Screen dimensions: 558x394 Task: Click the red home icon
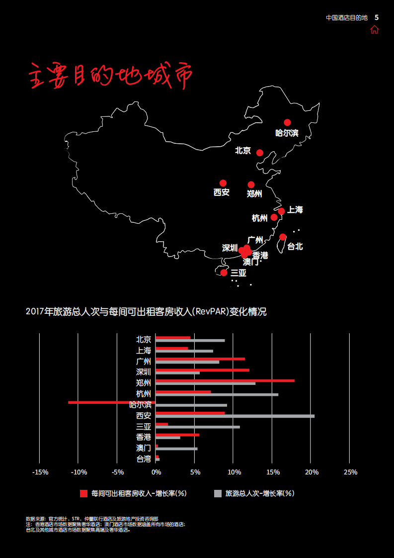pos(374,29)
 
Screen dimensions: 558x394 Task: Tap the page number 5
pos(377,17)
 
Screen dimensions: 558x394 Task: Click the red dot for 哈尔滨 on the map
pos(287,122)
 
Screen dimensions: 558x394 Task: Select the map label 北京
pos(243,151)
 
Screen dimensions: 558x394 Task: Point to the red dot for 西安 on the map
pos(223,183)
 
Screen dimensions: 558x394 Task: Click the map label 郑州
pos(254,194)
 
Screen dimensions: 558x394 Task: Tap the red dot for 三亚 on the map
pos(224,273)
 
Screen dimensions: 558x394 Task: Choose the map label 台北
pos(295,247)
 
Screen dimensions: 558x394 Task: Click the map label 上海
pos(295,210)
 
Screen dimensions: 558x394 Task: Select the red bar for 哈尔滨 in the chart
pos(112,402)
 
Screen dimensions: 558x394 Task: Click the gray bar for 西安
pos(235,416)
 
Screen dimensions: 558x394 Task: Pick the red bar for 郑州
pos(225,380)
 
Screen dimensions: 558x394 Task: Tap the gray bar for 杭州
pos(217,395)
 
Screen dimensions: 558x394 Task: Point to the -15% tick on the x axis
pos(40,472)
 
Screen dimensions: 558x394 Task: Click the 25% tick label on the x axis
pos(350,472)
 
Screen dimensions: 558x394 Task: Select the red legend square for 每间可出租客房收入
pos(83,493)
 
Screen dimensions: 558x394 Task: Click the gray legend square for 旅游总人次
pos(218,493)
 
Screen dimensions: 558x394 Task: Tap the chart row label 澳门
pos(144,448)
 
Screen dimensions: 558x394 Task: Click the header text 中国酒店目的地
pos(346,17)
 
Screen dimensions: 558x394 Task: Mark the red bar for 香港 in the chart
pos(177,435)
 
